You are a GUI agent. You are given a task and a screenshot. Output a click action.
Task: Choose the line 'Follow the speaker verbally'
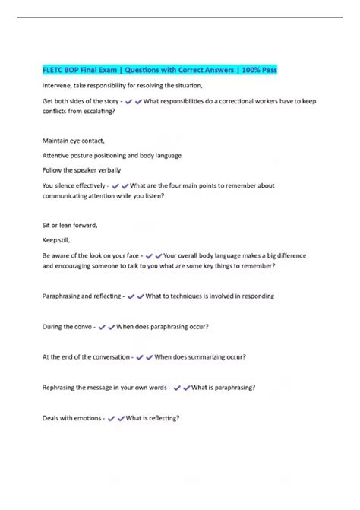tap(81, 169)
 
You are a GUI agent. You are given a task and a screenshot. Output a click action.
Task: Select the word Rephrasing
tap(62, 387)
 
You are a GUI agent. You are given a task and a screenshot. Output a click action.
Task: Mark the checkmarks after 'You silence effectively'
tap(120, 185)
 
